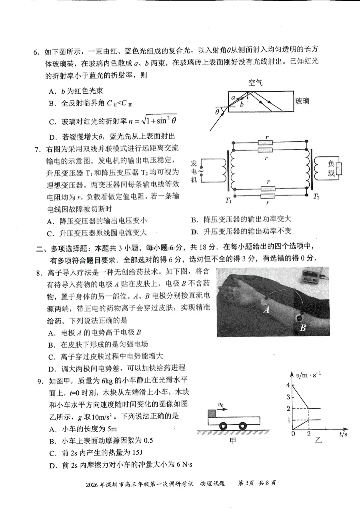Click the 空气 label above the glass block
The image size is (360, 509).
[x=255, y=83]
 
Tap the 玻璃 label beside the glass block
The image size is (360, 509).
[x=302, y=101]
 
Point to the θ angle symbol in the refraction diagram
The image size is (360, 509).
[x=217, y=112]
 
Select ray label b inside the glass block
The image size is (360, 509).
[x=242, y=105]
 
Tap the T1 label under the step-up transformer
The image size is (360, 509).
[x=228, y=200]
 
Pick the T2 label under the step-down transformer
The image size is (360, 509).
[x=316, y=196]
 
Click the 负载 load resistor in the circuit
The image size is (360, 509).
[x=339, y=169]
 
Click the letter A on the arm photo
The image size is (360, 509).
[x=266, y=310]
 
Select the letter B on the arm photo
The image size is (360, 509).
[x=303, y=328]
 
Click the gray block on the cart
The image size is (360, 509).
[x=212, y=414]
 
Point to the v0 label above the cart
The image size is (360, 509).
[x=220, y=405]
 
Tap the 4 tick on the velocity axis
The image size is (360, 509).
[x=288, y=385]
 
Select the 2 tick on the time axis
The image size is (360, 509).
[x=309, y=434]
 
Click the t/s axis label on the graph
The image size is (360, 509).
[x=343, y=434]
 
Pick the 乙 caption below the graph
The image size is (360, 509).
[x=318, y=441]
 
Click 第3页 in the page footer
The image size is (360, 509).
[x=246, y=483]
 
